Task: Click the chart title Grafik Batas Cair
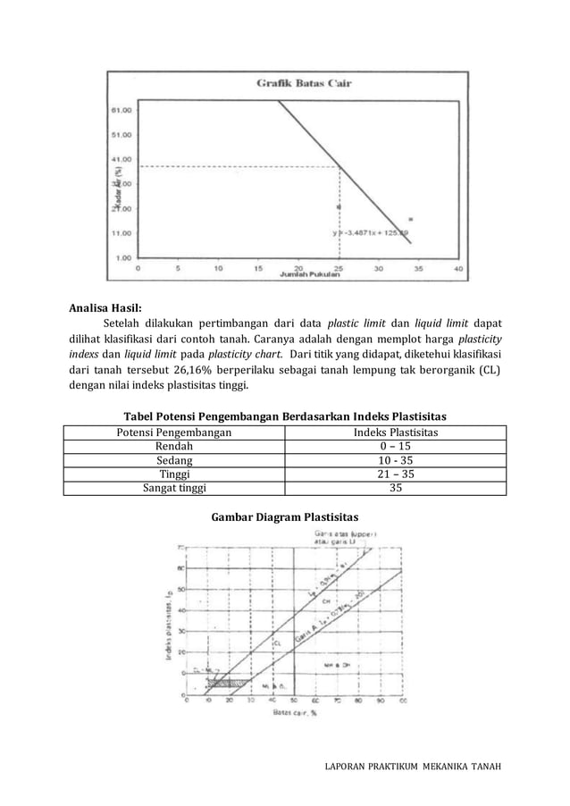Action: [x=304, y=83]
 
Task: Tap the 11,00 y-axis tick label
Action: [x=122, y=232]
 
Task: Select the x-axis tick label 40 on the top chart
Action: [x=459, y=267]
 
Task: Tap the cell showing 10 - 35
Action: [x=395, y=460]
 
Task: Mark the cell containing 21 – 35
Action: [x=395, y=474]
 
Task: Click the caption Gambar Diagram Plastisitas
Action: [x=284, y=517]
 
